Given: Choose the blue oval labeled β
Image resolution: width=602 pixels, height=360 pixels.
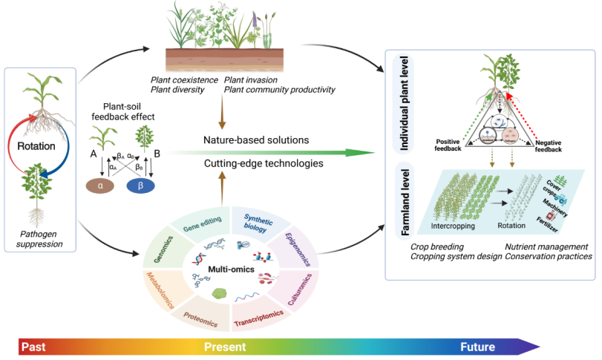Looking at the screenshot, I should coord(156,186).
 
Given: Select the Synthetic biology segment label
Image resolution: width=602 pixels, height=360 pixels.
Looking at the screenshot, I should coord(259,219).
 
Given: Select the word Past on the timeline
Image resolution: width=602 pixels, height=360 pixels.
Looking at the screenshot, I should coord(34,346).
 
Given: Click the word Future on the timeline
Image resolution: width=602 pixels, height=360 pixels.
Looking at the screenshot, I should coord(478,346).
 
